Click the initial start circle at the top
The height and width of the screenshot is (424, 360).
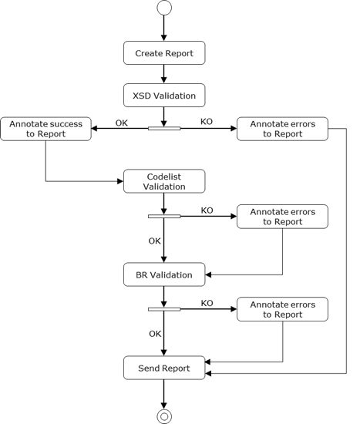(x=164, y=8)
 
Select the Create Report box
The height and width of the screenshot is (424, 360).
(x=164, y=53)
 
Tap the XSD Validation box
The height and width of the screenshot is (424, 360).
(x=164, y=96)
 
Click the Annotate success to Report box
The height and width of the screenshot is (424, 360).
(x=45, y=129)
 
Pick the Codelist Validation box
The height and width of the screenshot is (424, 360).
(x=164, y=181)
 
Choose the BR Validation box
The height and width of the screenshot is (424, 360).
(x=164, y=274)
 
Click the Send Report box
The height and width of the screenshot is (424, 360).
(x=164, y=368)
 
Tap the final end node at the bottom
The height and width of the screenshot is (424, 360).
(x=164, y=416)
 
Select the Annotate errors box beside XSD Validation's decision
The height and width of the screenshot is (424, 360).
(x=282, y=129)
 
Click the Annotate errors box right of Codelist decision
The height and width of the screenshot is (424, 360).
(x=282, y=217)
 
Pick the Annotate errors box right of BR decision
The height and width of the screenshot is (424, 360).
(x=282, y=309)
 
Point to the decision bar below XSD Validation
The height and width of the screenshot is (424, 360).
(x=164, y=128)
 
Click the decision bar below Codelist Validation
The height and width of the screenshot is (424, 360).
(x=164, y=217)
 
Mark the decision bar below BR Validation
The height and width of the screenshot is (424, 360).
(x=164, y=309)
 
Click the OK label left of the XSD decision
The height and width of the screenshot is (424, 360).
(x=122, y=122)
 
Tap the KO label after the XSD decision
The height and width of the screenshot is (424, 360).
(x=207, y=122)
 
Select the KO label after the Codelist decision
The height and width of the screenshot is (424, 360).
(x=207, y=210)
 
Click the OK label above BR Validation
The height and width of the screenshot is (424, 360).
(x=154, y=241)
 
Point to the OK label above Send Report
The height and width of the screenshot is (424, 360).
(x=154, y=334)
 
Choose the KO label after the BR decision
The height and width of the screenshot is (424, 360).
(x=207, y=303)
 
